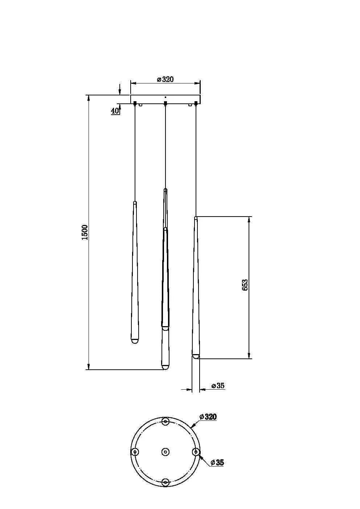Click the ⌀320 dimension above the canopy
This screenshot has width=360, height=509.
165,79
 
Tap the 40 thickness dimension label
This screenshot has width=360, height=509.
115,111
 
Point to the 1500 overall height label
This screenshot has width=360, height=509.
84,232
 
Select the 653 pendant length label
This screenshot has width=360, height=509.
245,285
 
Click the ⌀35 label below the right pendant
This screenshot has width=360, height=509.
218,385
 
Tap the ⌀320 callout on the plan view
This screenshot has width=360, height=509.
208,416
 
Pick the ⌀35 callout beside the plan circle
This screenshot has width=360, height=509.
217,462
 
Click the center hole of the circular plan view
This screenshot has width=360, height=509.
165,452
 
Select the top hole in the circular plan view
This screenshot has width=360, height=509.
165,421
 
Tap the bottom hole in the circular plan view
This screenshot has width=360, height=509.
165,482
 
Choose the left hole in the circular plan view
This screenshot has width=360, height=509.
135,452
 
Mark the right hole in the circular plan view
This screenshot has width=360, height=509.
196,452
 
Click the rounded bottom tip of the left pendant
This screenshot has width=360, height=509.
135,341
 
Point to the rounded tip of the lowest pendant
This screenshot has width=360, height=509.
165,367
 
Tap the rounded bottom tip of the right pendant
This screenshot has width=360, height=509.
196,357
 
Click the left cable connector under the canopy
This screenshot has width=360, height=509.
135,104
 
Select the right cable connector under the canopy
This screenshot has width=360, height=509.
196,104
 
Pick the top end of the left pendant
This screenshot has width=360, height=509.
135,202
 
